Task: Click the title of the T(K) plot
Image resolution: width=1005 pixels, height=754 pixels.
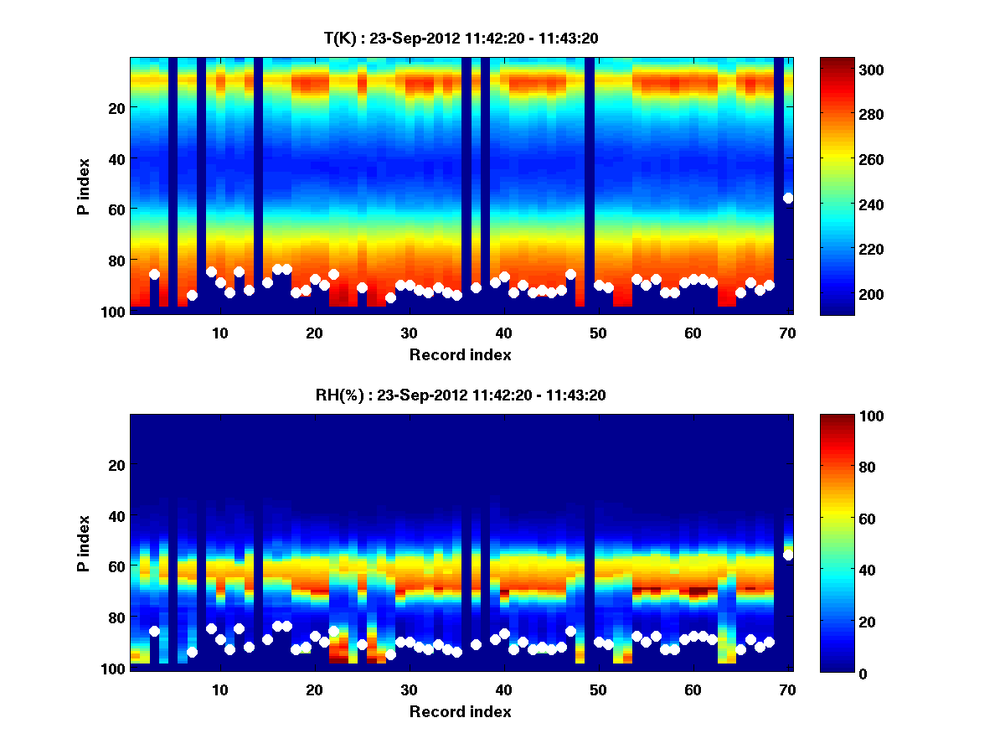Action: [461, 38]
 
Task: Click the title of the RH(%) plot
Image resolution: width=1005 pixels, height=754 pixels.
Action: [461, 395]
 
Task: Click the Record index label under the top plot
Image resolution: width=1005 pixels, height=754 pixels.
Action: [461, 354]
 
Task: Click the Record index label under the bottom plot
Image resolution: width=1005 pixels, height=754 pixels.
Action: [461, 711]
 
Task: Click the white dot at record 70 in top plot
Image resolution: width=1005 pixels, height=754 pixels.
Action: [787, 198]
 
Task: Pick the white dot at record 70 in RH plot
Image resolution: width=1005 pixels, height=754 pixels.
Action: [787, 555]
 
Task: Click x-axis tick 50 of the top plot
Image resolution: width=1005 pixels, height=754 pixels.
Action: [598, 332]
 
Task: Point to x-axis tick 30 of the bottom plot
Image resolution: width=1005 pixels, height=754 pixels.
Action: [409, 689]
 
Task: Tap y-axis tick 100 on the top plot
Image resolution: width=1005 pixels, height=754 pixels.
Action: [115, 312]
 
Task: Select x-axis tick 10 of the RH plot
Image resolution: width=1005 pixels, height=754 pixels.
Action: [219, 689]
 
